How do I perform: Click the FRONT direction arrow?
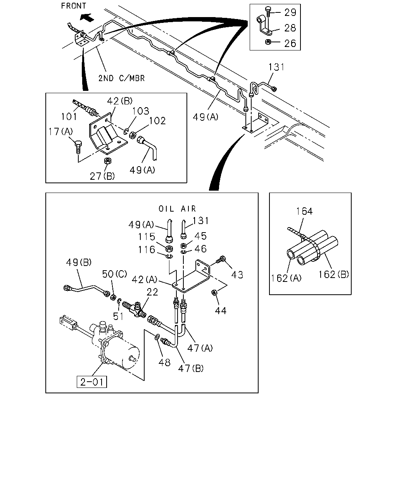point(87,17)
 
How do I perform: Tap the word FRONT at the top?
point(74,6)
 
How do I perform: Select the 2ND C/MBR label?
point(122,78)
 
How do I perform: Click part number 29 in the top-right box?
point(290,12)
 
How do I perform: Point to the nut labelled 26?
point(268,42)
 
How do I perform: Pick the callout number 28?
point(290,28)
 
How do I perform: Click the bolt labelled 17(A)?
point(78,147)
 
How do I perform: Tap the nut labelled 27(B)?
point(107,161)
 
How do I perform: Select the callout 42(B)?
point(120,101)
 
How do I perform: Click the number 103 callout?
point(141,111)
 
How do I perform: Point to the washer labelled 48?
point(157,337)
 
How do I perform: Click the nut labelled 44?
point(214,293)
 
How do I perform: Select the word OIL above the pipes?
point(166,209)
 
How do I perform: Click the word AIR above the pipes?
point(188,209)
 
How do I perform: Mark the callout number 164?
point(304,211)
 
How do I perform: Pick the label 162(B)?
point(333,275)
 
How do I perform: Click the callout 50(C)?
point(115,274)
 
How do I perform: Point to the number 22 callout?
point(152,292)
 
